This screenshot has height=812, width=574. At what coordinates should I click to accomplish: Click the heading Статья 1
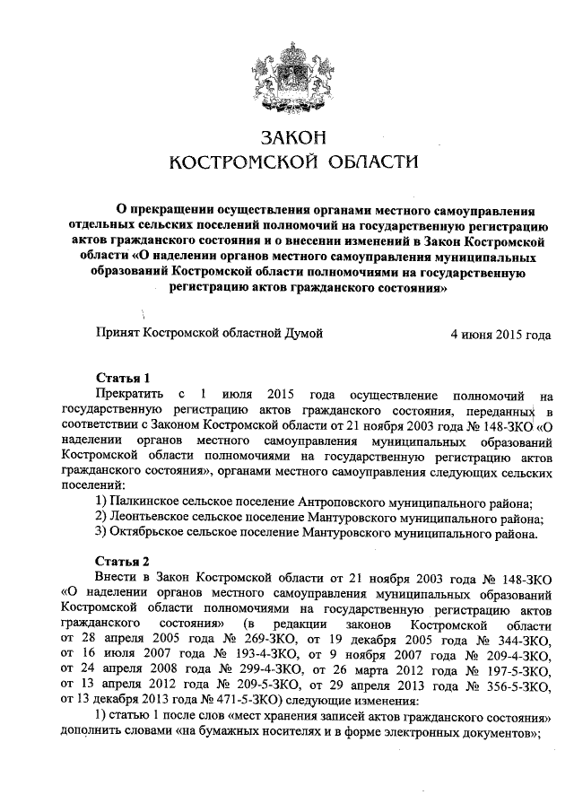tap(122, 377)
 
